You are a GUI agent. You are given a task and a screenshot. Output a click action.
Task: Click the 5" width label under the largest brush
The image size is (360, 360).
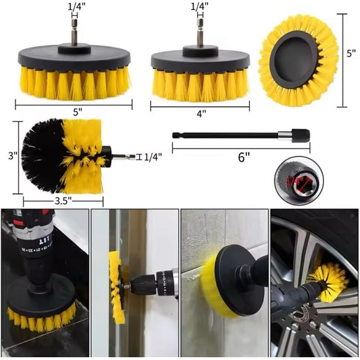(77, 111)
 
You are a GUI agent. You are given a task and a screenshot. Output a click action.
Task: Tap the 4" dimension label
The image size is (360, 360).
(201, 113)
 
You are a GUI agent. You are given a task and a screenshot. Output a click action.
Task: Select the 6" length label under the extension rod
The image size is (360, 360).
(244, 157)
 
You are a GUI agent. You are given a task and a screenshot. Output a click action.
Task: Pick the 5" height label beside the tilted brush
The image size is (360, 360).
(351, 54)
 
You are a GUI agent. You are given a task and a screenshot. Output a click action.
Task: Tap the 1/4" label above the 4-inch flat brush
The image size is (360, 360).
(199, 7)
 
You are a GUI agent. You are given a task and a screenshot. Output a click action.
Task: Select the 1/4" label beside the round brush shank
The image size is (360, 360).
(153, 157)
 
